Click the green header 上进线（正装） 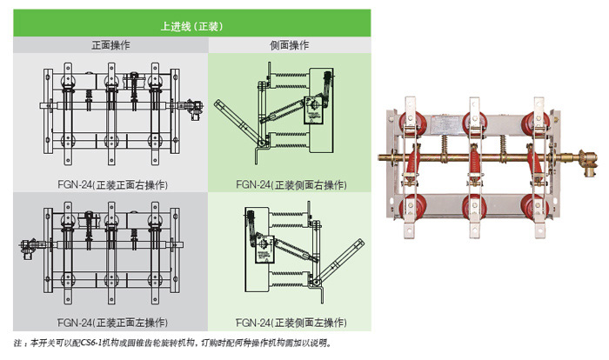192,27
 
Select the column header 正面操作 110,45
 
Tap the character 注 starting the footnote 20,343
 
